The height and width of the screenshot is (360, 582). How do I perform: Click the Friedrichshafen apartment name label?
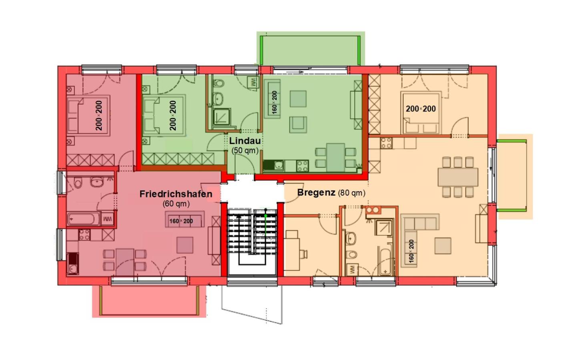pyautogui.click(x=176, y=194)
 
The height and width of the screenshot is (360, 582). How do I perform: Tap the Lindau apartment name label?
pyautogui.click(x=245, y=141)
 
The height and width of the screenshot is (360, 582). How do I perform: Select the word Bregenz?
pyautogui.click(x=316, y=193)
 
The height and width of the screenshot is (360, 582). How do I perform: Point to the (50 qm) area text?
pyautogui.click(x=245, y=150)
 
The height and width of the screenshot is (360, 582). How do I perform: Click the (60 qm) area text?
pyautogui.click(x=176, y=204)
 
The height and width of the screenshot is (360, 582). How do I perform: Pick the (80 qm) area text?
pyautogui.click(x=351, y=193)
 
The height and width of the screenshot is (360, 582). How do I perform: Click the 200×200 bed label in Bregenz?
pyautogui.click(x=421, y=109)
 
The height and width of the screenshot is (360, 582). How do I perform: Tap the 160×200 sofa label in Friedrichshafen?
pyautogui.click(x=181, y=221)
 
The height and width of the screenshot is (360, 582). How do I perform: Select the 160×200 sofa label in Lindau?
pyautogui.click(x=274, y=102)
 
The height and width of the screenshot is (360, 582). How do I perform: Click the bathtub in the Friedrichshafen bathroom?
pyautogui.click(x=83, y=219)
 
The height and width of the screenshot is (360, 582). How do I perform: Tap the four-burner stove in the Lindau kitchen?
pyautogui.click(x=303, y=166)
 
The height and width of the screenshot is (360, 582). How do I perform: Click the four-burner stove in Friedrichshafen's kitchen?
pyautogui.click(x=84, y=235)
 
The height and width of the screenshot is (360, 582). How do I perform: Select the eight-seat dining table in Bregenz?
pyautogui.click(x=458, y=177)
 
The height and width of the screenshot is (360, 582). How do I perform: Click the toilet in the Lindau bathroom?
pyautogui.click(x=219, y=84)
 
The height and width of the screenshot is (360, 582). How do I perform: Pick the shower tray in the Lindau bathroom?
pyautogui.click(x=222, y=119)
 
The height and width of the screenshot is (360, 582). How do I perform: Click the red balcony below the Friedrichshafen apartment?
pyautogui.click(x=149, y=301)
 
